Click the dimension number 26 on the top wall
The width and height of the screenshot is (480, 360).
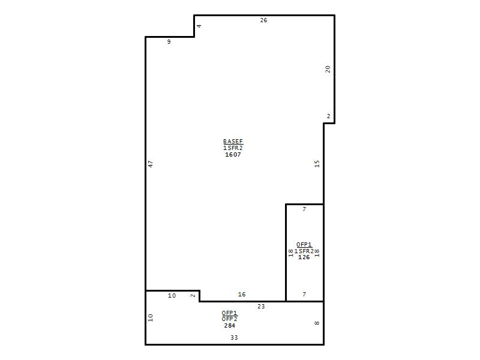(263, 20)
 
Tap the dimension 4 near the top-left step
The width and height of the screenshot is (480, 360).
(199, 26)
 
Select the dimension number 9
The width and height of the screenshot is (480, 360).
(169, 41)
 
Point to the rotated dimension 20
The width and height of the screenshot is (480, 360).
(328, 69)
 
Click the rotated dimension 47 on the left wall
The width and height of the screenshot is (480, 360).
(151, 164)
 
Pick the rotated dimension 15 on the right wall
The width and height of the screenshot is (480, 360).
(317, 164)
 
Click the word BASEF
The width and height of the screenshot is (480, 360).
(233, 142)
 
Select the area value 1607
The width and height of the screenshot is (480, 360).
(233, 155)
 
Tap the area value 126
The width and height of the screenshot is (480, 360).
(304, 257)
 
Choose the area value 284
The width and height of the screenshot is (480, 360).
(230, 325)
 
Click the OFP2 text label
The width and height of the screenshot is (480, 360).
(230, 319)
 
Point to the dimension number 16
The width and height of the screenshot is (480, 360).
(242, 294)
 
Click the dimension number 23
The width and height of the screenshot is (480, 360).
(261, 306)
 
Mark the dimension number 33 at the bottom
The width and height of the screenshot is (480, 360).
(234, 337)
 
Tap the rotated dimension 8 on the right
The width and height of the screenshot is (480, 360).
(317, 323)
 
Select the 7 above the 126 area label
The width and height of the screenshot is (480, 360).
(304, 209)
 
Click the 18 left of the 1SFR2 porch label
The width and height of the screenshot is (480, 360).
(291, 253)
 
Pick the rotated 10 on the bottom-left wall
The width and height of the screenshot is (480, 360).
(151, 317)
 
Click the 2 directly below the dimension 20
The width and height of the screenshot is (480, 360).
(328, 116)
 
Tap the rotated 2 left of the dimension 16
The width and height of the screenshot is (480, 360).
(193, 295)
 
